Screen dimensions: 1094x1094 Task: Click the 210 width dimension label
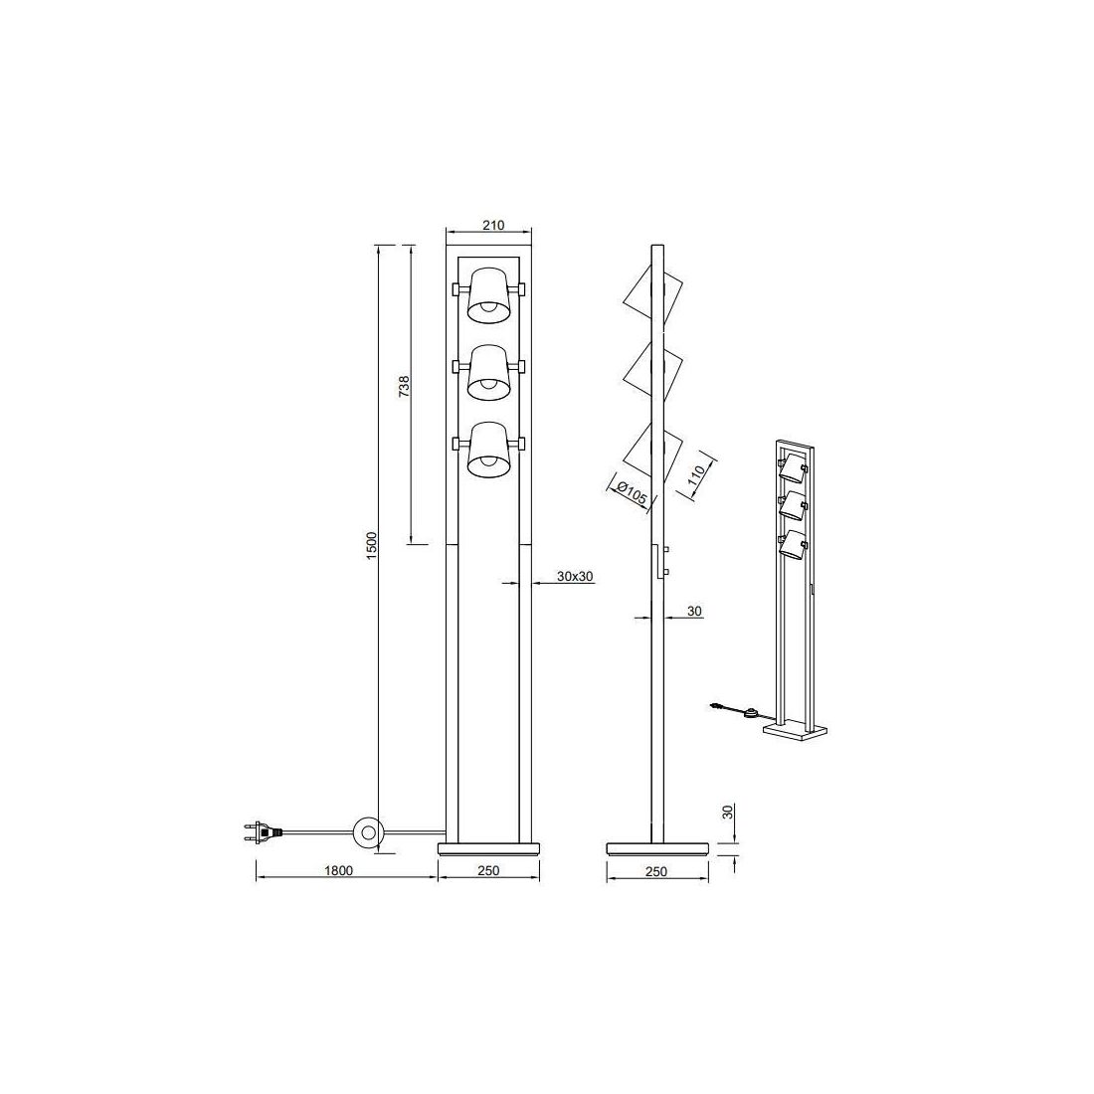coord(492,225)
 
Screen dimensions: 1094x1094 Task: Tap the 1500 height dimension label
coord(372,544)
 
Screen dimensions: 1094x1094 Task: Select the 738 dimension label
coord(404,386)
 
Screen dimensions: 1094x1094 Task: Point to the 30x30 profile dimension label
coord(575,576)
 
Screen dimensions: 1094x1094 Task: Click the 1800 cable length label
coord(340,870)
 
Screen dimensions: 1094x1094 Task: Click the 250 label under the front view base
coord(489,870)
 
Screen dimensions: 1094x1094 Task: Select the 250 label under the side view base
coord(656,871)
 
